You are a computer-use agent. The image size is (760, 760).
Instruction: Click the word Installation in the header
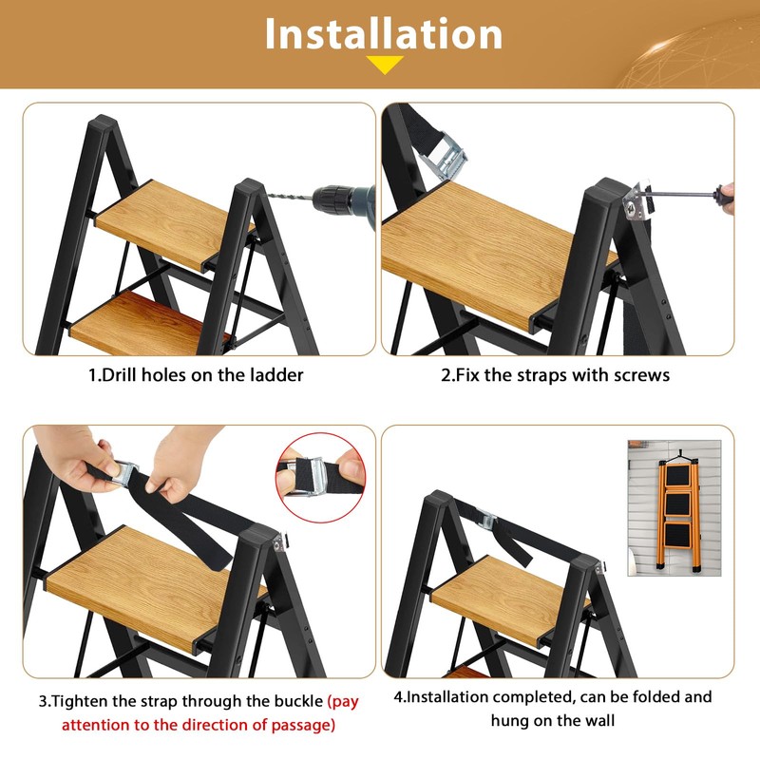[383, 34]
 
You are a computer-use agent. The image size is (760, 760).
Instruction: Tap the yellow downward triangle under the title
[385, 65]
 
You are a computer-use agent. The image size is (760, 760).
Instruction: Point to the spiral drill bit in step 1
[294, 194]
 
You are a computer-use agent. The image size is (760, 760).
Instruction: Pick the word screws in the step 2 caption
[643, 375]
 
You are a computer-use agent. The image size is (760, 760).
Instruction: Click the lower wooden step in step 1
[142, 323]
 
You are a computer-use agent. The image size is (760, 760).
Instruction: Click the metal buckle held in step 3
[124, 474]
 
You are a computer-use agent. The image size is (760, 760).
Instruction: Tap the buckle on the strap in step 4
[487, 522]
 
